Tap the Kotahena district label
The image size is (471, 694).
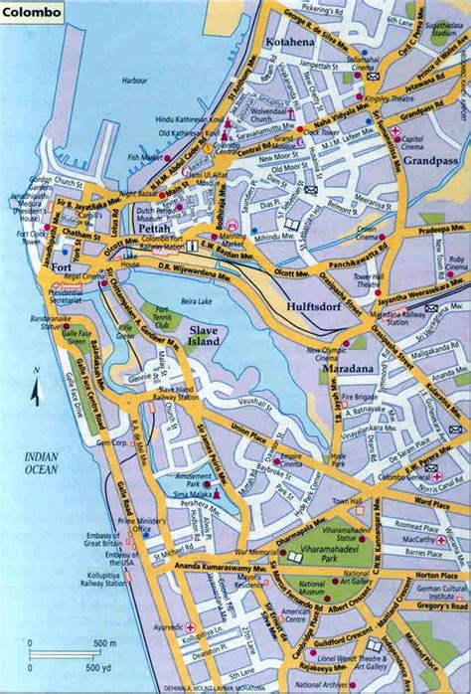[289, 42]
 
